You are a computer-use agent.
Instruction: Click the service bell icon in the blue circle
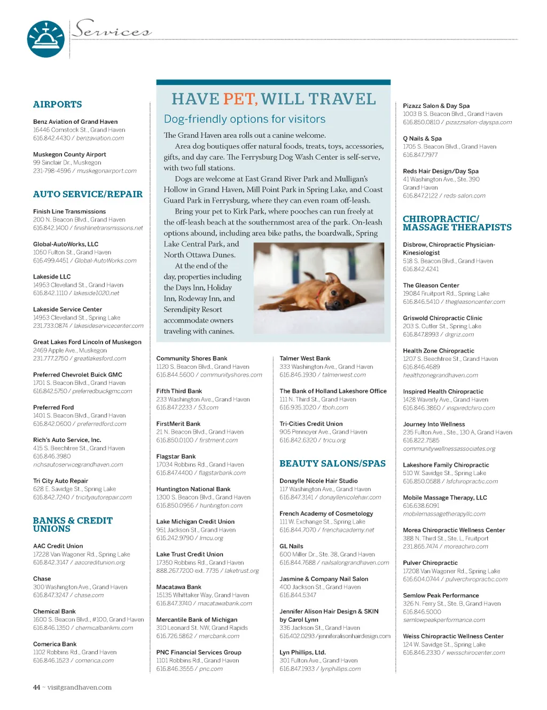(x=45, y=38)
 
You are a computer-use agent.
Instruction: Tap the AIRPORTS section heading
(x=57, y=105)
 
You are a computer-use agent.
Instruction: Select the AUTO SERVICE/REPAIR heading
(x=88, y=194)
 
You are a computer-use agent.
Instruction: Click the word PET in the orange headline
(x=240, y=99)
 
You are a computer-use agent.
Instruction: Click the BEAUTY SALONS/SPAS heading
(x=332, y=463)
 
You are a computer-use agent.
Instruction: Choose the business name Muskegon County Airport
(x=69, y=154)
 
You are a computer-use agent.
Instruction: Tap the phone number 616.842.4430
(x=51, y=138)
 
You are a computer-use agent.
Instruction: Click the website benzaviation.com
(x=100, y=138)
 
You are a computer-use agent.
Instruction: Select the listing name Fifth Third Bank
(x=179, y=391)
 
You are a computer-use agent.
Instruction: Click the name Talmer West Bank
(x=304, y=359)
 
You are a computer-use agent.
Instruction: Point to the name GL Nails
(x=291, y=546)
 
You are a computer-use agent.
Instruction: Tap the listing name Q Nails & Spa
(x=422, y=138)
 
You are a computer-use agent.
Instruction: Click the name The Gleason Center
(x=431, y=286)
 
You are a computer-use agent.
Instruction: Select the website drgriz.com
(x=459, y=335)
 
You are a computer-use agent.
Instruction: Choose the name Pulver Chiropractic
(x=430, y=563)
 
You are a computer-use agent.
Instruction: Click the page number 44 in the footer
(x=36, y=688)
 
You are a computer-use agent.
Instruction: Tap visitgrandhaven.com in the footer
(x=80, y=688)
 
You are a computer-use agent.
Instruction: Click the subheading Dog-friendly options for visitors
(x=245, y=119)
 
